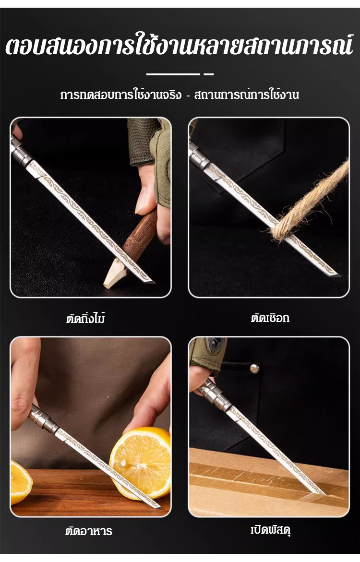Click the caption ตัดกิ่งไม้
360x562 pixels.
85,318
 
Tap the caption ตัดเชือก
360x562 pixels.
270,318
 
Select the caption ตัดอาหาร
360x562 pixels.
89,530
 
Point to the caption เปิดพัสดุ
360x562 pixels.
270,530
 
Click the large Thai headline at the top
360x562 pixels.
180,47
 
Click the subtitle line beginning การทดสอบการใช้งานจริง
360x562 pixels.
180,95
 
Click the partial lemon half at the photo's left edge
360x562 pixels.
21,482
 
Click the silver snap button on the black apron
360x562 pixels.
254,368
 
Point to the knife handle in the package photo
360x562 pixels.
215,395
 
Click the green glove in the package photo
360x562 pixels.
207,352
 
